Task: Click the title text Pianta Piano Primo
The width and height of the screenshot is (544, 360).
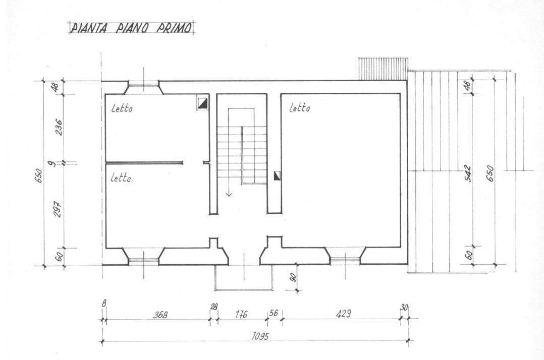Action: click(131, 28)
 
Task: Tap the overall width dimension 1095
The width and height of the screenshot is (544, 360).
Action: click(260, 336)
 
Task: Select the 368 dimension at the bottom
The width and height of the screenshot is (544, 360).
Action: click(160, 315)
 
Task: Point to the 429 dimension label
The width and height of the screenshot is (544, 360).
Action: click(343, 314)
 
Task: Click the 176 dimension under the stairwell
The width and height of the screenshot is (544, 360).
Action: click(241, 314)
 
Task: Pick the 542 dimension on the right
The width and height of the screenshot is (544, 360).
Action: click(468, 173)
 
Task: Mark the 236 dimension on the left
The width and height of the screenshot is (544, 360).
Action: click(59, 127)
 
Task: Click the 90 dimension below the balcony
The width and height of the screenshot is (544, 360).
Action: click(293, 277)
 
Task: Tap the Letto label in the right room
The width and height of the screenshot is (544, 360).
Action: click(300, 108)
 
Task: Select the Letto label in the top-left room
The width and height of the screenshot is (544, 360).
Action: click(122, 108)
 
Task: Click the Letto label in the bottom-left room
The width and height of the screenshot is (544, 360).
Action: click(121, 178)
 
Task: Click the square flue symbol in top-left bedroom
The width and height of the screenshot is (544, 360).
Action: click(203, 102)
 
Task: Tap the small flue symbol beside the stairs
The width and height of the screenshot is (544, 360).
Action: click(277, 176)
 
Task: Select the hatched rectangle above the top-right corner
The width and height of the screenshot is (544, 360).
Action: click(383, 69)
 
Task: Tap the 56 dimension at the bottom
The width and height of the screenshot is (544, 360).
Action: click(274, 313)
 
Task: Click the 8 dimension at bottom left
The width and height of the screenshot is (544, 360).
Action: click(104, 303)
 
